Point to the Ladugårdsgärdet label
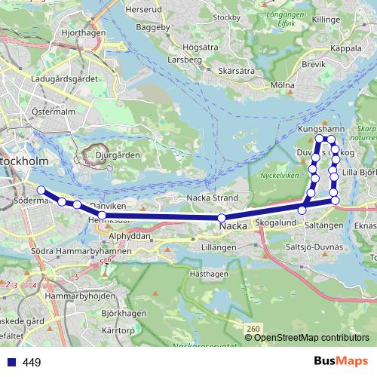tap(66, 78)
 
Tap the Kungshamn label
tap(321, 130)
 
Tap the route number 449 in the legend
tap(32, 363)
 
